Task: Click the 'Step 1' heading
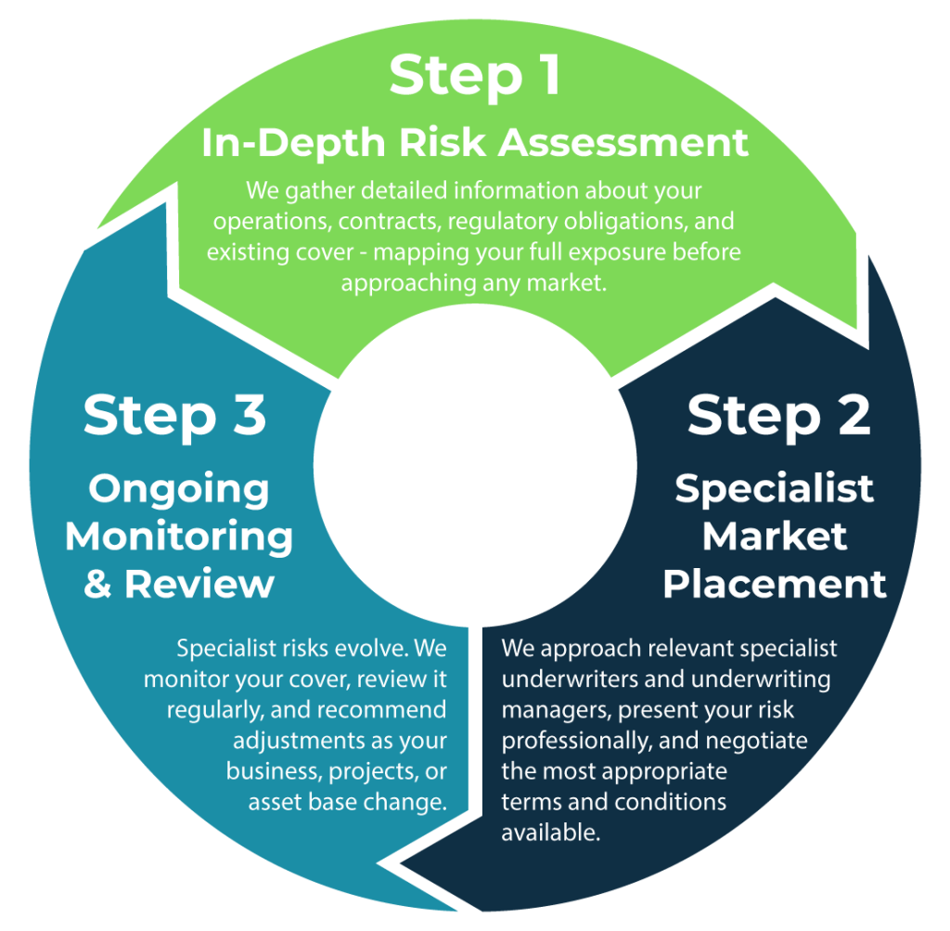(475, 76)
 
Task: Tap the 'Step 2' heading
(778, 416)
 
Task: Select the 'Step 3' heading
(174, 416)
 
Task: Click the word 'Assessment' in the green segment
(623, 143)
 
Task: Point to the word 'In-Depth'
(294, 144)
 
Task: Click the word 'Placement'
(775, 584)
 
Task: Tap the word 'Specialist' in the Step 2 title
(775, 488)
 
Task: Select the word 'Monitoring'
(179, 538)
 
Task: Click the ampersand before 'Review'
(97, 584)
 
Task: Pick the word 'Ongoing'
(179, 490)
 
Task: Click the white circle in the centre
(475, 466)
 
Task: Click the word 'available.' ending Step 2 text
(551, 833)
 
